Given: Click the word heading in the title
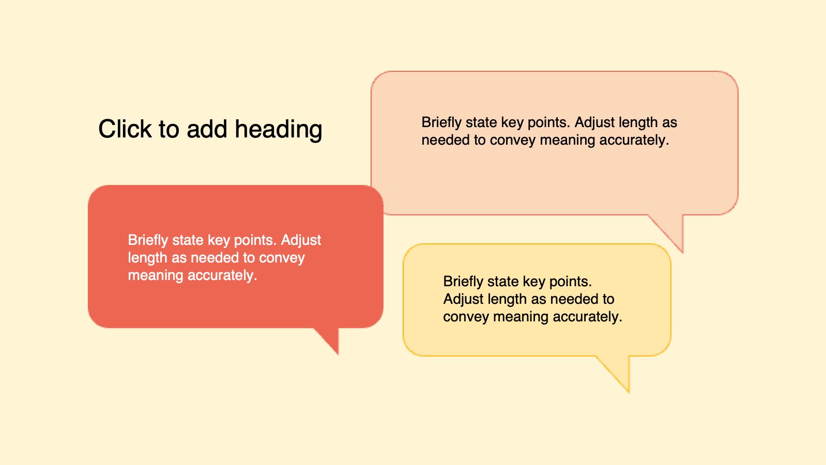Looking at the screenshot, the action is (x=279, y=130).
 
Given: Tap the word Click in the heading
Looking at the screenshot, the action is (x=125, y=129).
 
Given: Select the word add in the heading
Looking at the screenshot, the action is (x=207, y=129).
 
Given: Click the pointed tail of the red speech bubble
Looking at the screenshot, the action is (x=330, y=340).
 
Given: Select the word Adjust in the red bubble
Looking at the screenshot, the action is (x=301, y=241).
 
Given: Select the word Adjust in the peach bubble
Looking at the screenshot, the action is (x=594, y=122).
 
